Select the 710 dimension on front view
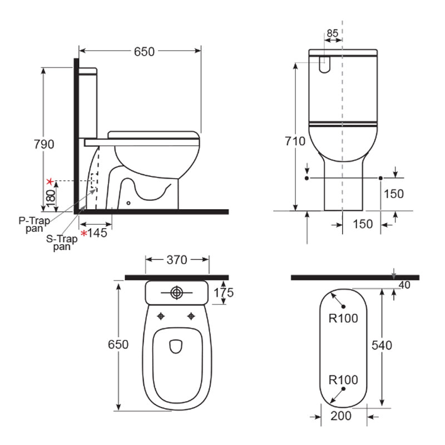(295, 141)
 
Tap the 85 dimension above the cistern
(332, 33)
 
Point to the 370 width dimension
(177, 259)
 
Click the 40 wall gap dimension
(404, 285)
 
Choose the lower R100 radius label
(343, 380)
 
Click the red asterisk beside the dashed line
(50, 181)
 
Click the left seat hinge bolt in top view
(161, 317)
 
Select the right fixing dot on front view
(380, 177)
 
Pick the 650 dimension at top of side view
(144, 51)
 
